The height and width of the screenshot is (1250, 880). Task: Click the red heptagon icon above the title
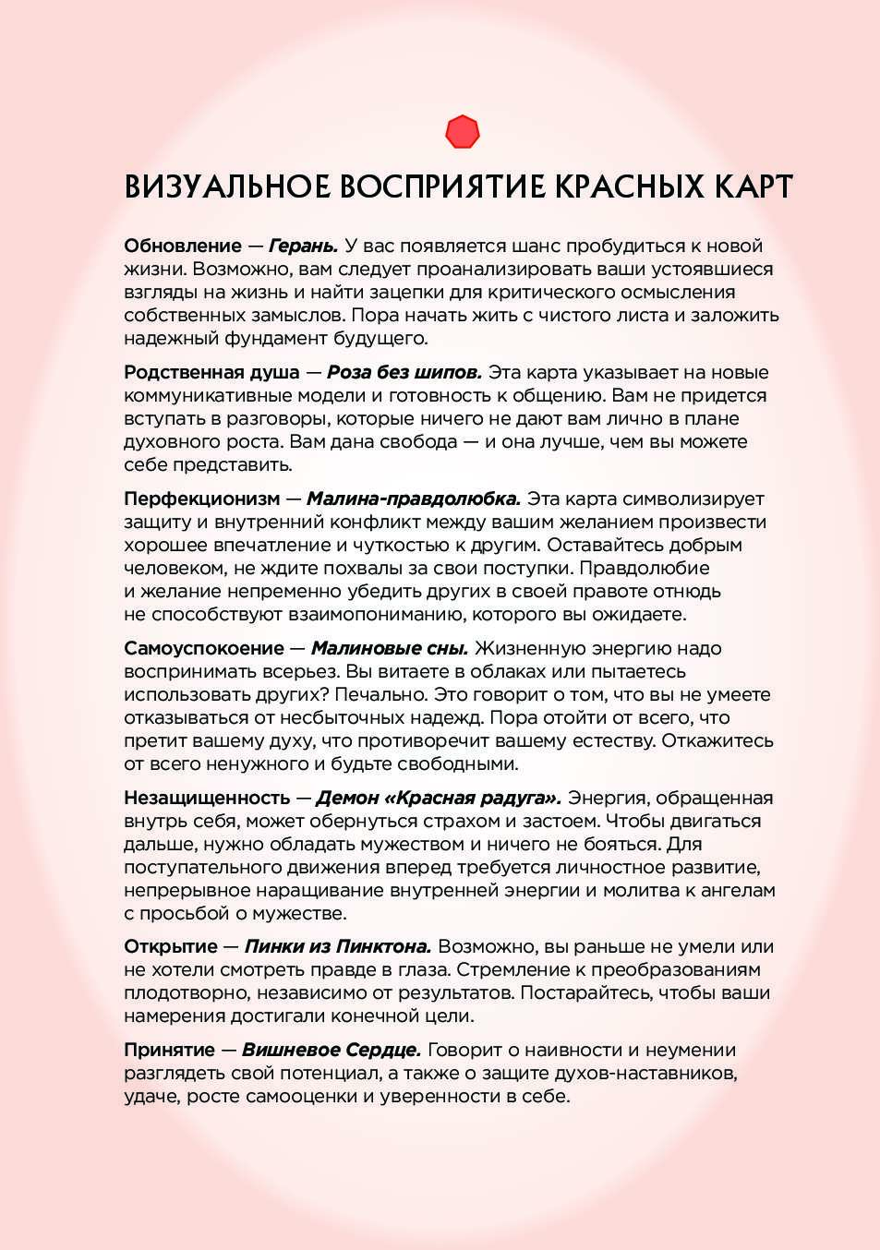[462, 132]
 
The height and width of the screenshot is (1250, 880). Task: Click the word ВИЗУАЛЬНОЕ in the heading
[226, 187]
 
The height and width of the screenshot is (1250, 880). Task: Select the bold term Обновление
[183, 246]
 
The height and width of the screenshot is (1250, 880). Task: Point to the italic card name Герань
[303, 246]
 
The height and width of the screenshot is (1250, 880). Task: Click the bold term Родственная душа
[211, 373]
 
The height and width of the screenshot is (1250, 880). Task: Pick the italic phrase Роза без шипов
[404, 373]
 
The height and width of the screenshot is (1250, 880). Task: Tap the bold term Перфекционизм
[201, 499]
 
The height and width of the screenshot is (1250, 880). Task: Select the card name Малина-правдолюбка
[414, 499]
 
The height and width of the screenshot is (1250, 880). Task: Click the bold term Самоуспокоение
[204, 649]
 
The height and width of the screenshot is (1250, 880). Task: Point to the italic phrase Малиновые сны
[390, 649]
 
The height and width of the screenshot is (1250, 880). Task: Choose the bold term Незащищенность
[207, 799]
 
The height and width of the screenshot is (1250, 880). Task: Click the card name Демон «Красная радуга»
[439, 799]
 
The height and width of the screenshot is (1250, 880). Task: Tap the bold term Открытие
[171, 947]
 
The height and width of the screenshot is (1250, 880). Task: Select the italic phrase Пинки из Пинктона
[338, 947]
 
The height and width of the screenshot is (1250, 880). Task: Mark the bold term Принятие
[169, 1051]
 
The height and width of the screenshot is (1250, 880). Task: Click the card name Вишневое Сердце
[332, 1051]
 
